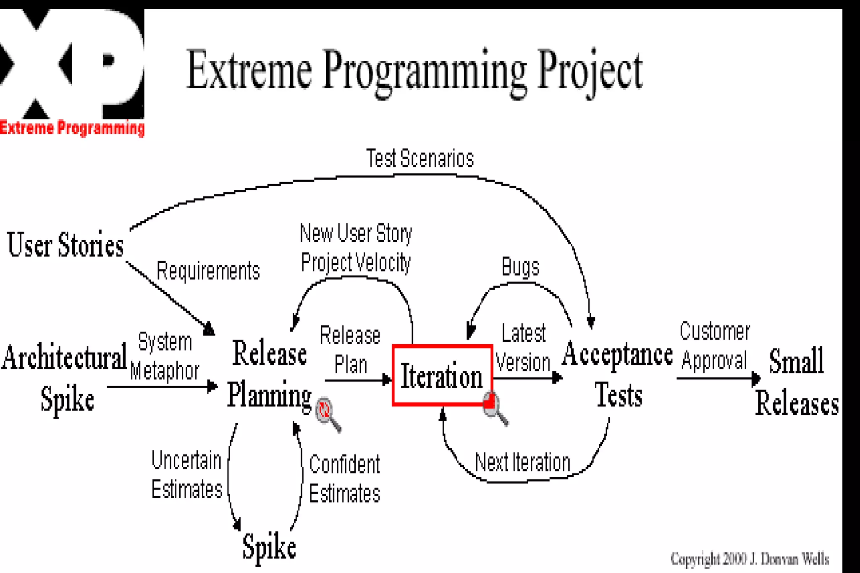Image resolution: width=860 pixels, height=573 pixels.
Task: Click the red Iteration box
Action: tap(442, 375)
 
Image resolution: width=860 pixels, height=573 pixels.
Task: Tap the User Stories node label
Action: tap(66, 245)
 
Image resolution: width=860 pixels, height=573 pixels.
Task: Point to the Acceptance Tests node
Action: tap(617, 374)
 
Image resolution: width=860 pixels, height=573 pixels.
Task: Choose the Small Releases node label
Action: tap(797, 382)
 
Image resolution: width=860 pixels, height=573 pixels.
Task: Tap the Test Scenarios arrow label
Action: tap(420, 159)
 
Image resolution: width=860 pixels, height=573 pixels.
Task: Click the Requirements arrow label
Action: tap(208, 271)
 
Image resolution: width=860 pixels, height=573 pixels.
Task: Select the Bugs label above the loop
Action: tap(520, 267)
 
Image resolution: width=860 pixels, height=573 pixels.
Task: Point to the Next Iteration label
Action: tap(522, 463)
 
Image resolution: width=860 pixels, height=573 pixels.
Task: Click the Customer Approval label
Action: tap(714, 346)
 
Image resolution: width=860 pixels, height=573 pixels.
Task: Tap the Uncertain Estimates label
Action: tap(186, 475)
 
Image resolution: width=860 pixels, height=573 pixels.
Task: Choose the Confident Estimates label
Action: tap(344, 479)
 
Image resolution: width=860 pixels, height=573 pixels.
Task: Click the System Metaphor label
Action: tap(165, 356)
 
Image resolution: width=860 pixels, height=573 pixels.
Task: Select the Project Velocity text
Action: tap(356, 263)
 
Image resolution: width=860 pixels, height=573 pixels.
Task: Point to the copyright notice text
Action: tap(750, 559)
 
